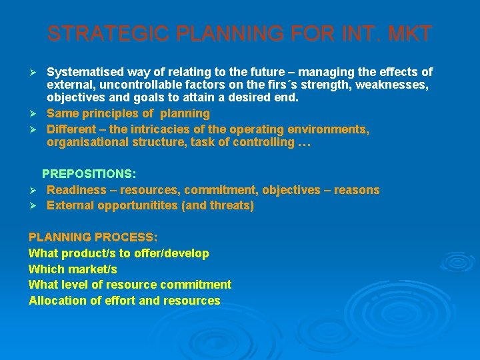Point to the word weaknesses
393,85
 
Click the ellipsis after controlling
304,143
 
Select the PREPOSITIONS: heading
89,174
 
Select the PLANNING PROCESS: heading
93,237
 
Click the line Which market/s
73,269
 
